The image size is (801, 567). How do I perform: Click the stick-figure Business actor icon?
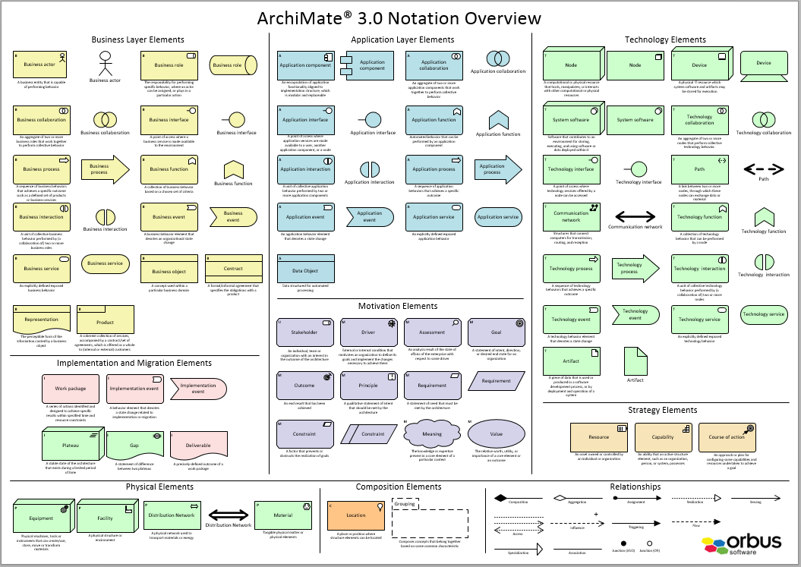coord(105,64)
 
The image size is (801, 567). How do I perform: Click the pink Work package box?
coord(71,389)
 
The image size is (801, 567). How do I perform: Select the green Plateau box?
coord(71,446)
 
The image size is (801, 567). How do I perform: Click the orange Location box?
coord(356,516)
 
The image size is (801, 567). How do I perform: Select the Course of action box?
coord(727,437)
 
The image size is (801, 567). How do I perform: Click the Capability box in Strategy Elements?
coord(663,437)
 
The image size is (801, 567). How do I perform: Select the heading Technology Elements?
coord(665,39)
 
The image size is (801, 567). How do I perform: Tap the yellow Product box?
coord(106,320)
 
